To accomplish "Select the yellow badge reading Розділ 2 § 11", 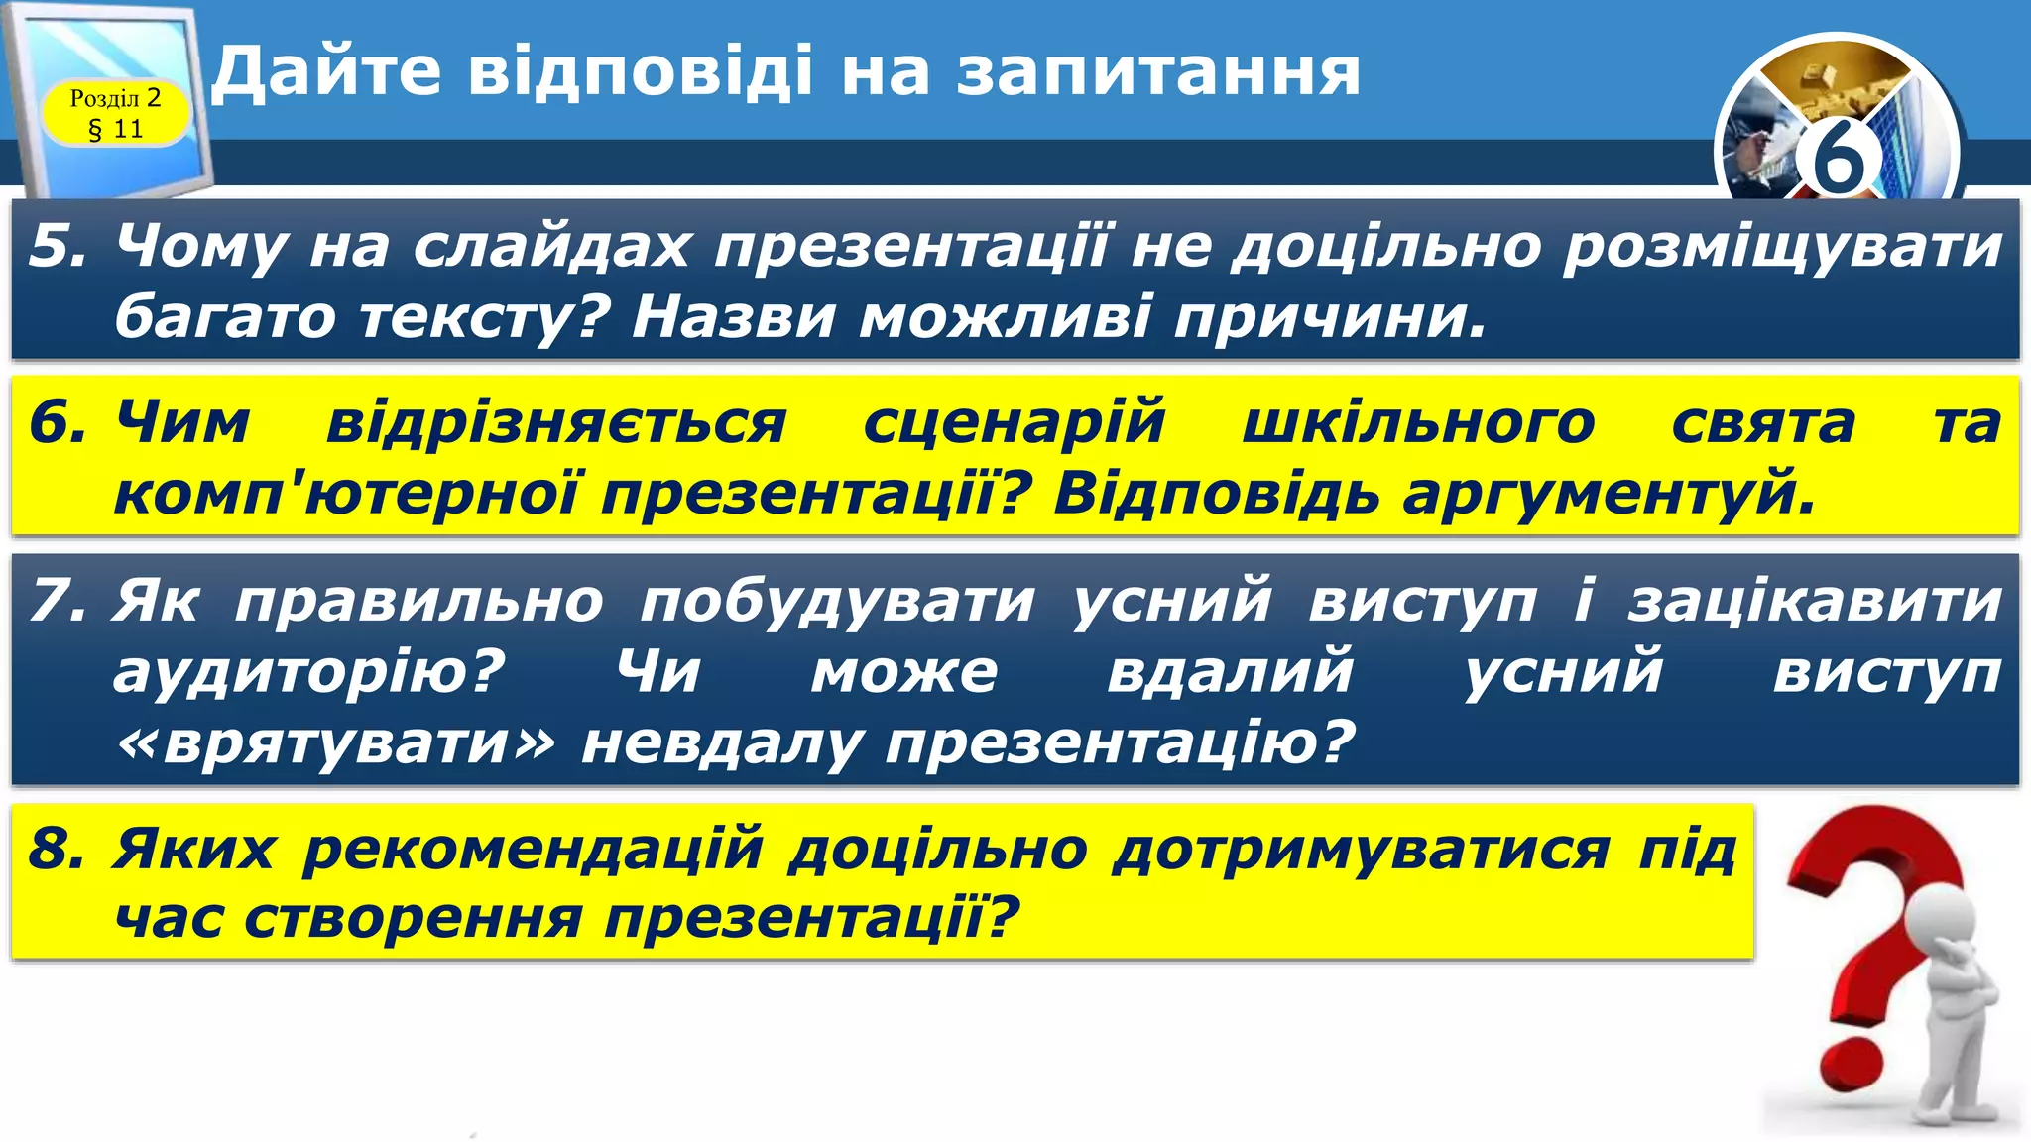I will (x=116, y=113).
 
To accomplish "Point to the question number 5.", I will (x=57, y=245).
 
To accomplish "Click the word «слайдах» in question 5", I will (x=550, y=247).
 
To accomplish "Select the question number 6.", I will (x=57, y=422).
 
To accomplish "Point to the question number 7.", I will (x=57, y=601).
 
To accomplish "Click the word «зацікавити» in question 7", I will (x=1814, y=602).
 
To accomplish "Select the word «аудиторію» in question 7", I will (x=308, y=672).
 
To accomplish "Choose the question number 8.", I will (x=57, y=850).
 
